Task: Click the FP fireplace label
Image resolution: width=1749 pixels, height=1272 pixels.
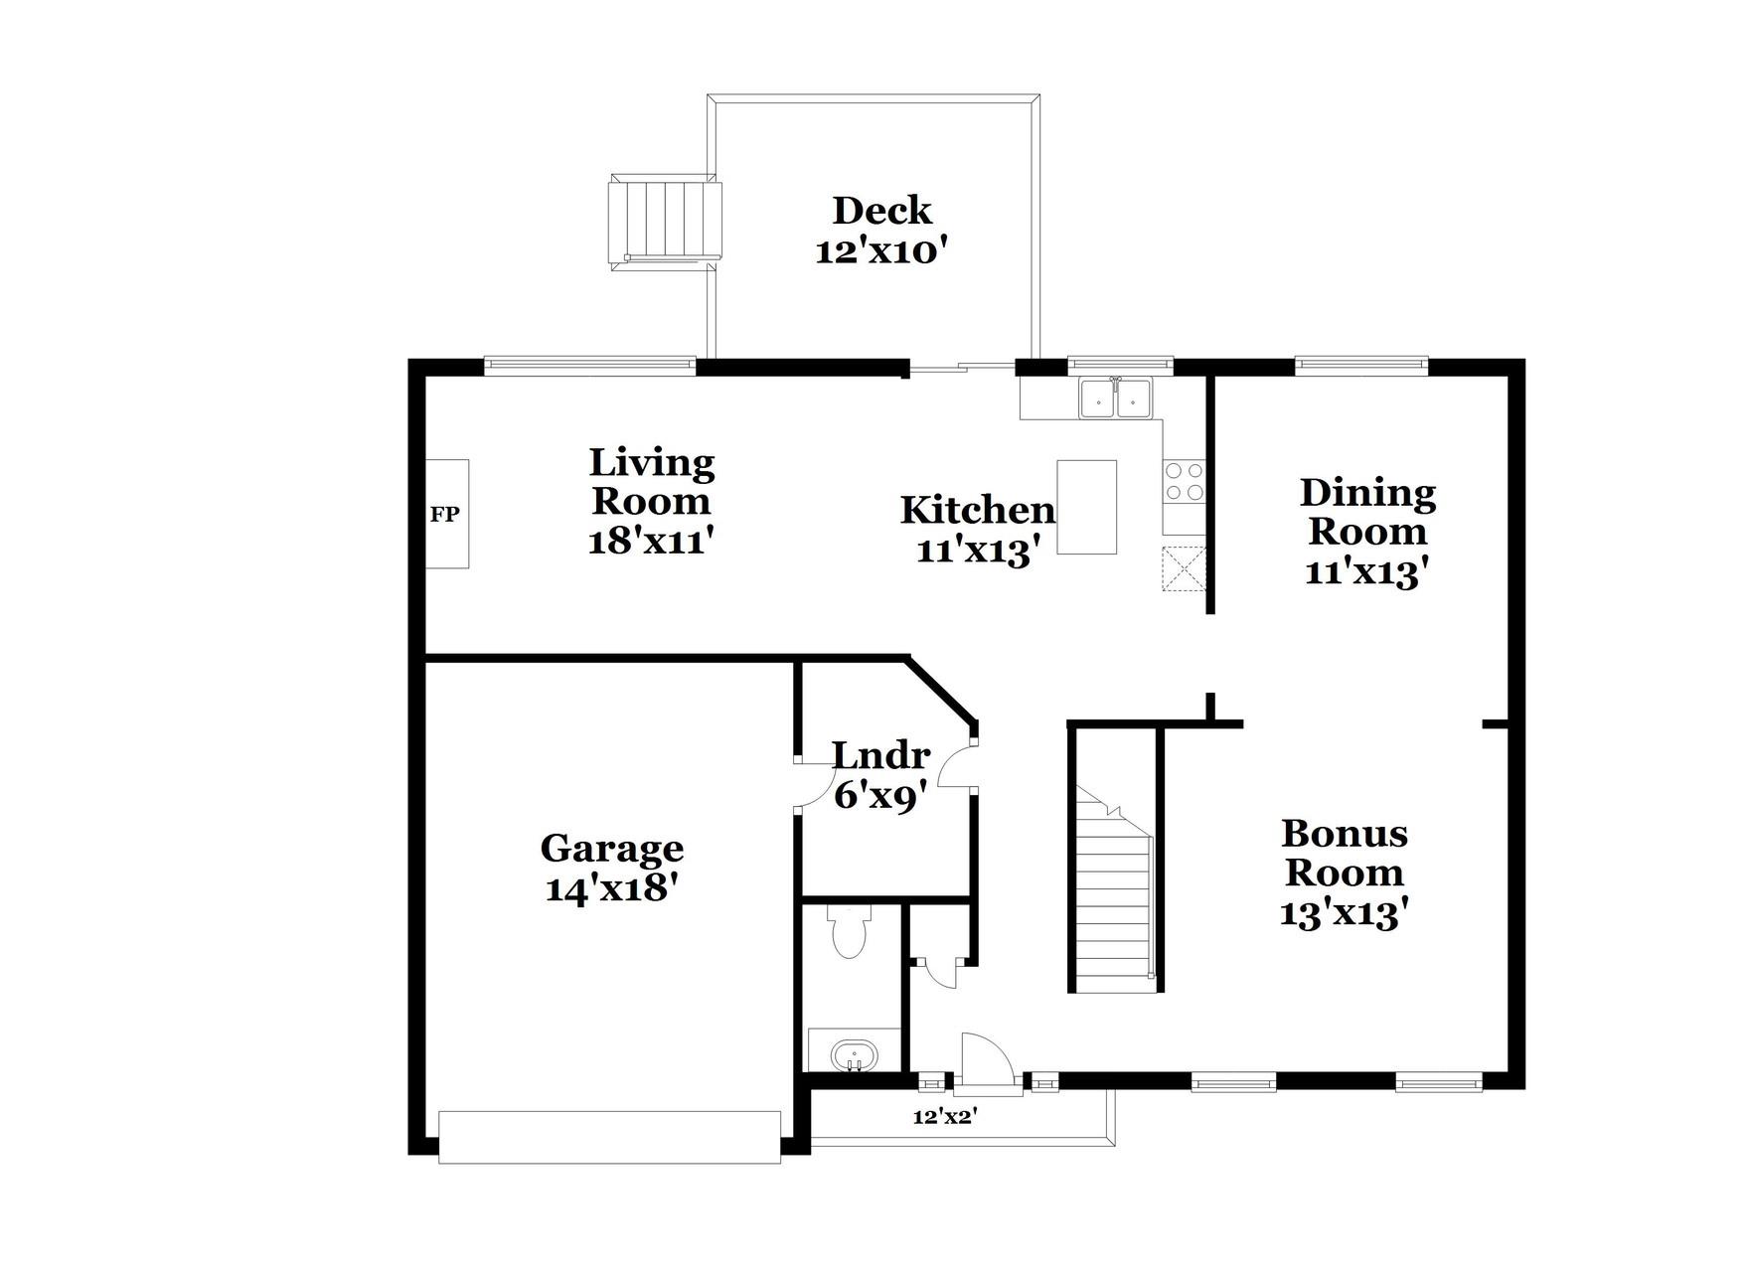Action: coord(444,515)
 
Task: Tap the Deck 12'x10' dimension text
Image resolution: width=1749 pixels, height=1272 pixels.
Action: coord(876,251)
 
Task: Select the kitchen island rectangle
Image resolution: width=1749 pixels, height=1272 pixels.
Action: coord(1086,507)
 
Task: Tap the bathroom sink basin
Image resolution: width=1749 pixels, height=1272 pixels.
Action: coord(854,1055)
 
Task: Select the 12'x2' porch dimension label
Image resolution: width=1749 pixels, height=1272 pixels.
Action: coord(945,1117)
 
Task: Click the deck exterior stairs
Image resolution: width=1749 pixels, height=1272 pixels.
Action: coord(665,221)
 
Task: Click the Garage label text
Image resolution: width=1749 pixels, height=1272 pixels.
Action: coord(611,849)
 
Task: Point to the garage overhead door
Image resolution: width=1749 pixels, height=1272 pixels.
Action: coord(609,1137)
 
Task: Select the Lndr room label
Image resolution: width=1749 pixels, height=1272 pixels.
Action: coord(880,756)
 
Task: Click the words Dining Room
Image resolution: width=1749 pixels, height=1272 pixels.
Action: coord(1367,512)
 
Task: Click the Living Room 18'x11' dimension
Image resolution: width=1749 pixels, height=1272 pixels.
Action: coord(651,543)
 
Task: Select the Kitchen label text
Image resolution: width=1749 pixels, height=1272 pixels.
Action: coord(977,510)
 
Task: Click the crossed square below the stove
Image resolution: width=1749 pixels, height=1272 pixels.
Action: coord(1185,569)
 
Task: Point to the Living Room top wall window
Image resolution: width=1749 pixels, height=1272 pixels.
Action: coord(590,366)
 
